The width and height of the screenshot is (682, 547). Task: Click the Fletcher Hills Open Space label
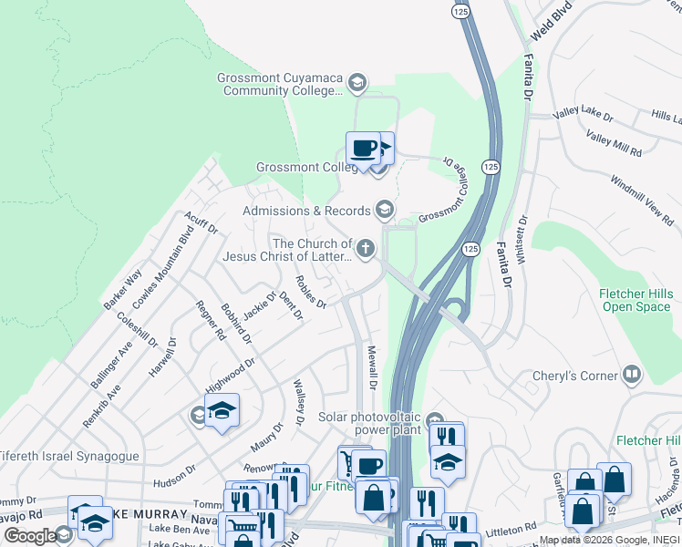(x=635, y=300)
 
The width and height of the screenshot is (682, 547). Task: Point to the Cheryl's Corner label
(x=581, y=375)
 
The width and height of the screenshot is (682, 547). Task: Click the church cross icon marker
(x=366, y=247)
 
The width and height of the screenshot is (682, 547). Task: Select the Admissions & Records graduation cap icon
(x=384, y=211)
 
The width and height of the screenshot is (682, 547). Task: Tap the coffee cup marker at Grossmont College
(x=363, y=149)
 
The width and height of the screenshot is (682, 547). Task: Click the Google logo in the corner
(x=29, y=536)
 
